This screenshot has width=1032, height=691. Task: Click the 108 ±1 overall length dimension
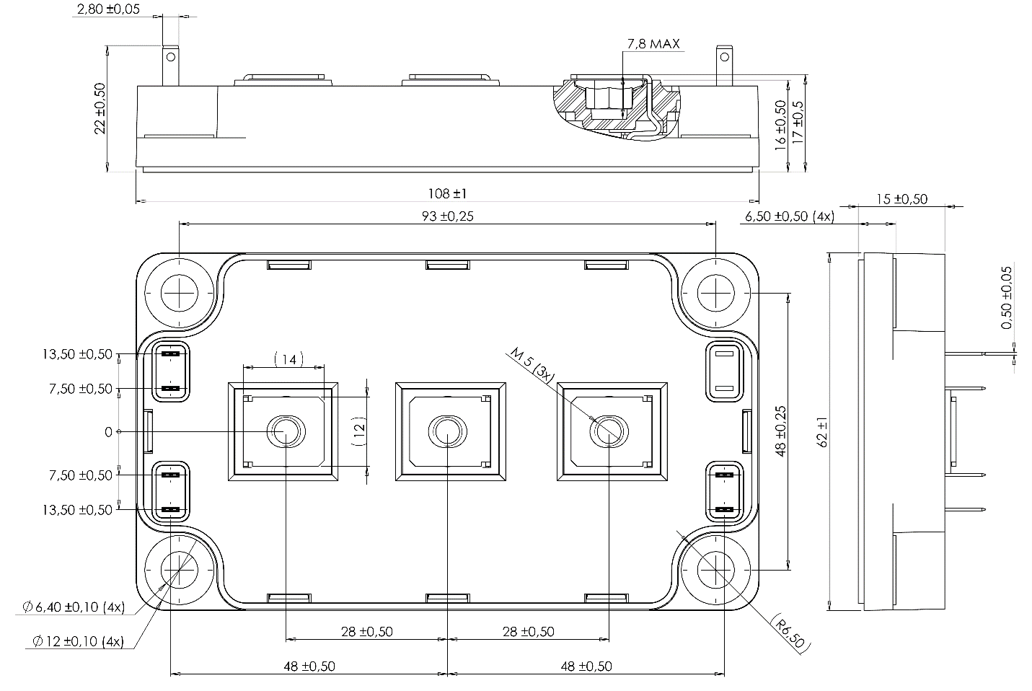pyautogui.click(x=447, y=193)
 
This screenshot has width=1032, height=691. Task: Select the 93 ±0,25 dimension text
pyautogui.click(x=447, y=216)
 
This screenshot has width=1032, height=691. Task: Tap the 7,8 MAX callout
pyautogui.click(x=653, y=43)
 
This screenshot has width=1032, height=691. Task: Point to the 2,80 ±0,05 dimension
pyautogui.click(x=107, y=9)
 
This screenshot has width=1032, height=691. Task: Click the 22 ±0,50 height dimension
pyautogui.click(x=100, y=107)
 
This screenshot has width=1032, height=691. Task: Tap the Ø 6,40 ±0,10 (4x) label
pyautogui.click(x=73, y=607)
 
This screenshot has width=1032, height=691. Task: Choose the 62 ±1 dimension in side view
pyautogui.click(x=823, y=432)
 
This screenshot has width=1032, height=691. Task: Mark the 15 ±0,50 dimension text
pyautogui.click(x=901, y=199)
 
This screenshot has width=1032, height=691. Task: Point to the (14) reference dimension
pyautogui.click(x=289, y=358)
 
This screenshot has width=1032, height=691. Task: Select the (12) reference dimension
pyautogui.click(x=359, y=431)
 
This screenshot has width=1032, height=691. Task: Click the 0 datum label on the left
pyautogui.click(x=109, y=431)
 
